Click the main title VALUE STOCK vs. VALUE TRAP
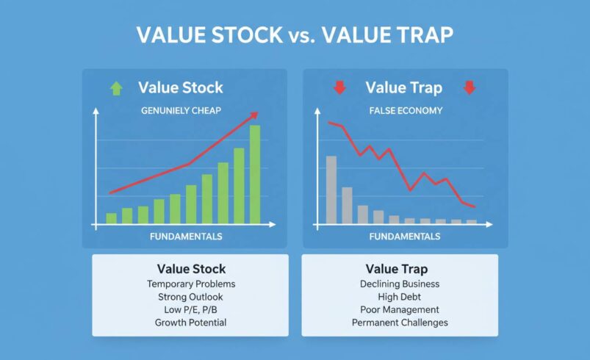295,35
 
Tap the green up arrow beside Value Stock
115,88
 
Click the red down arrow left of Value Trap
339,88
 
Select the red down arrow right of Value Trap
470,88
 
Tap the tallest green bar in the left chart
255,175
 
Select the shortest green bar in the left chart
112,218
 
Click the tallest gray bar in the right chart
331,190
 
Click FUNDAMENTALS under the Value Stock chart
185,237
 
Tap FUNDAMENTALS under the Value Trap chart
405,237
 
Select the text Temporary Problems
191,284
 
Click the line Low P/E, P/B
191,309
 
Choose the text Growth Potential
191,323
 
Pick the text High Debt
400,297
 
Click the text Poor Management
400,309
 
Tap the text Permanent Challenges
400,323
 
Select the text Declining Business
400,284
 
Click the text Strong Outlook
191,297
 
